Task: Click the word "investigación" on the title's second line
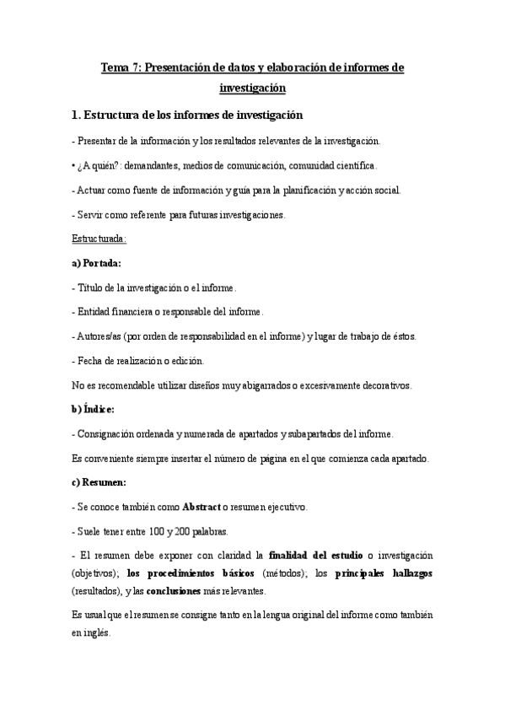pyautogui.click(x=252, y=88)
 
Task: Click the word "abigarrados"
pyautogui.click(x=248, y=385)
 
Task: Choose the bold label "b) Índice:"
pyautogui.click(x=93, y=409)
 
